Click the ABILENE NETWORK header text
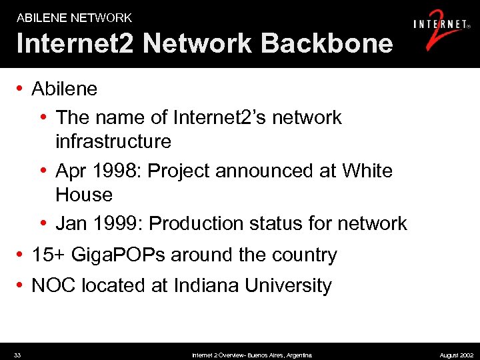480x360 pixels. tap(74, 18)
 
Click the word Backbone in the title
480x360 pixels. tap(327, 43)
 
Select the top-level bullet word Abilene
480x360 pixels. tap(65, 89)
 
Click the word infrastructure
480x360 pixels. tap(113, 141)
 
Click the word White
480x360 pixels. tap(367, 171)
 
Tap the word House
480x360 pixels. tap(84, 195)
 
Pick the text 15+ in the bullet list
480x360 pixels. tap(47, 255)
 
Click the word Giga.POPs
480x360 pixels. tap(127, 255)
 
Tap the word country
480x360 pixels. tap(303, 255)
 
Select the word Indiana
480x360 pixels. tap(206, 285)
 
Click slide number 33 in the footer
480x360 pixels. tap(17, 355)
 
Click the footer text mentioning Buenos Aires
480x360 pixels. tap(252, 355)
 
